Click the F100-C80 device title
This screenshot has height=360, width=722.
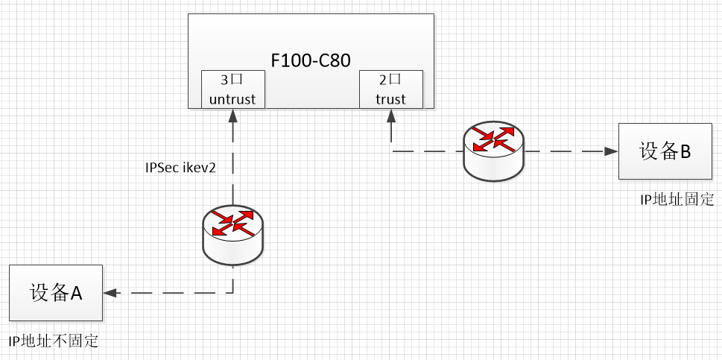point(310,60)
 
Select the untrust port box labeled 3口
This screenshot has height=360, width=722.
point(233,89)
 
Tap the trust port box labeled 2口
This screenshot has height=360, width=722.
point(391,89)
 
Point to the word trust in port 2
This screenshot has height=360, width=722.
point(391,99)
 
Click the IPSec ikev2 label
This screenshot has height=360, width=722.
point(180,168)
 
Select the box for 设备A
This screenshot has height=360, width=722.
point(55,292)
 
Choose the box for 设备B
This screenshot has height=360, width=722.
point(665,151)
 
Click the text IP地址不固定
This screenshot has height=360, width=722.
point(54,342)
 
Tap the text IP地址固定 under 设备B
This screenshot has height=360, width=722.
point(677,199)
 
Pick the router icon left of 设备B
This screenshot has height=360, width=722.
point(493,152)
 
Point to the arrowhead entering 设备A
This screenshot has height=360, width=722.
point(111,292)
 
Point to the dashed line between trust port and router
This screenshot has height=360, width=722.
point(425,151)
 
